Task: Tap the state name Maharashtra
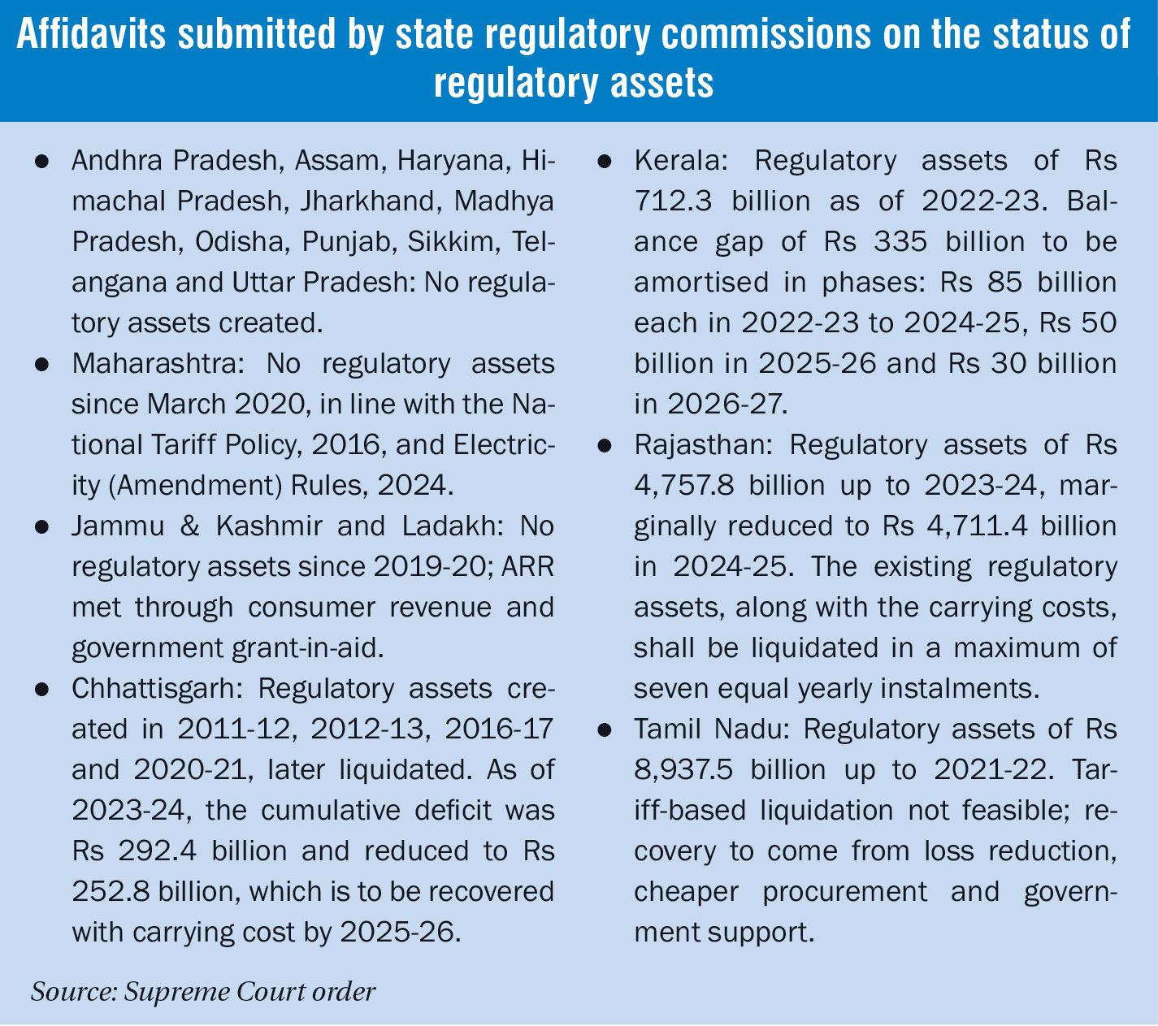pyautogui.click(x=151, y=364)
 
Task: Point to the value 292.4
pyautogui.click(x=150, y=851)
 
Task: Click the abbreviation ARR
pyautogui.click(x=528, y=567)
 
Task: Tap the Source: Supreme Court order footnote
pyautogui.click(x=203, y=992)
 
